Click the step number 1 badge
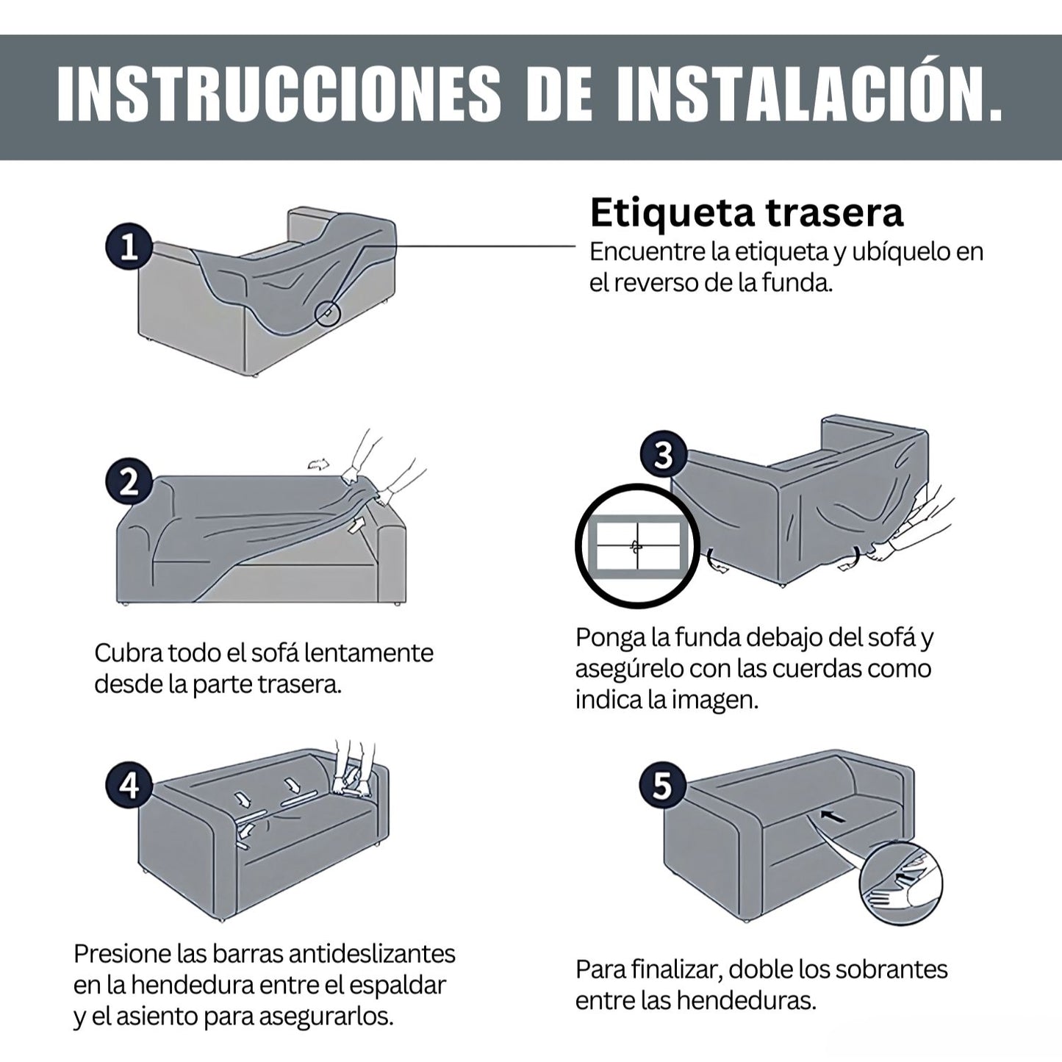tap(129, 248)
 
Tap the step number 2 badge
tap(129, 484)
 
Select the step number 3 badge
tap(664, 456)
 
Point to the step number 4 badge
tap(129, 786)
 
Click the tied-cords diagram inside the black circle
tap(638, 546)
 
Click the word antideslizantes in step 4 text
tap(372, 953)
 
